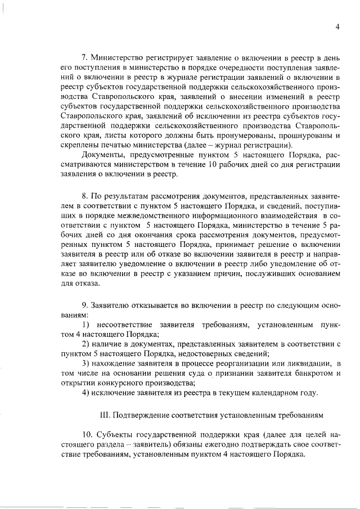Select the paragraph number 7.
[85, 57]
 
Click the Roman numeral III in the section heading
[103, 416]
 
